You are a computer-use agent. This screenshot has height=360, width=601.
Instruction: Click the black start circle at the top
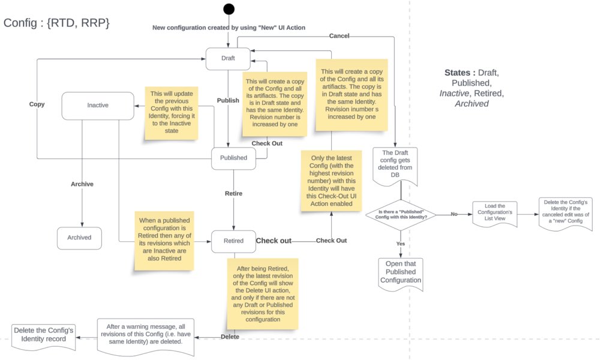pyautogui.click(x=229, y=9)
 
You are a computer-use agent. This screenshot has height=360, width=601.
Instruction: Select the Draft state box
pyautogui.click(x=228, y=59)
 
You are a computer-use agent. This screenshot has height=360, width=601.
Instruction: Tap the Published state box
pyautogui.click(x=233, y=158)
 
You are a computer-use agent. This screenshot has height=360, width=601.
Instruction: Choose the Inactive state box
pyautogui.click(x=98, y=106)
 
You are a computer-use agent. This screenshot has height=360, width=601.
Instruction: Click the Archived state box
pyautogui.click(x=79, y=238)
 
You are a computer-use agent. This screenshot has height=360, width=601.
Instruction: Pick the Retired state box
pyautogui.click(x=233, y=241)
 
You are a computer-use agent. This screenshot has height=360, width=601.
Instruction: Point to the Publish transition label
pyautogui.click(x=228, y=100)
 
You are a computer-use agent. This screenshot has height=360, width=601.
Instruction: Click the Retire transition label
pyautogui.click(x=233, y=194)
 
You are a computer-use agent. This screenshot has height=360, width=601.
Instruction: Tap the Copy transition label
pyautogui.click(x=37, y=104)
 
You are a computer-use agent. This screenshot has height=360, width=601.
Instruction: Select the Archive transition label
pyautogui.click(x=82, y=184)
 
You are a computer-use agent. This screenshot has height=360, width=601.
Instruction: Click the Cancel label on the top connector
pyautogui.click(x=339, y=35)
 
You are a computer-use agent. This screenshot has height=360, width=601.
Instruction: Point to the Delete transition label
pyautogui.click(x=230, y=337)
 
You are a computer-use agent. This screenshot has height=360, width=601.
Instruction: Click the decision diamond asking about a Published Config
pyautogui.click(x=401, y=215)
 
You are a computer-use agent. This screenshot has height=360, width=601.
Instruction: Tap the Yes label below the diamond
pyautogui.click(x=401, y=244)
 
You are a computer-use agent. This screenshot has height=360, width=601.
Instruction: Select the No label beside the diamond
pyautogui.click(x=454, y=214)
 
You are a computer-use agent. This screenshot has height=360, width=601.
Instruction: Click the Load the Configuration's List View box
pyautogui.click(x=494, y=213)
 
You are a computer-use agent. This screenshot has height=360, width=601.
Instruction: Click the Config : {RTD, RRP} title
pyautogui.click(x=57, y=23)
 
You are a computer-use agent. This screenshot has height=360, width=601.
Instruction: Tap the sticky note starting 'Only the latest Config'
pyautogui.click(x=331, y=181)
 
